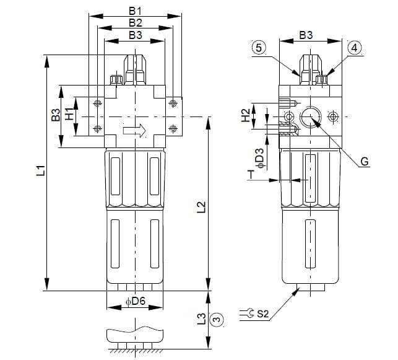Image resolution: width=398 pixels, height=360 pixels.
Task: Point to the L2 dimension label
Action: (x=200, y=206)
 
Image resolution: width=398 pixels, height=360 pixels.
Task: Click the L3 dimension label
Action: (x=200, y=319)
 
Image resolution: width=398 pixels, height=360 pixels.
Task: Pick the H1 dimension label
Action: (x=69, y=114)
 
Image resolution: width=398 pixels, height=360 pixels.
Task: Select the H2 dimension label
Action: (x=245, y=115)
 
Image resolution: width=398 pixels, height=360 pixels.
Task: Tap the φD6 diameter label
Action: (x=135, y=302)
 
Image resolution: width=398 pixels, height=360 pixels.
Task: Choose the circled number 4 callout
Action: (x=355, y=48)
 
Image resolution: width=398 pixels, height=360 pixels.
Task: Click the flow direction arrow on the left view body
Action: (x=134, y=131)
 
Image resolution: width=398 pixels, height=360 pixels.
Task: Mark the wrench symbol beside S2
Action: (x=247, y=314)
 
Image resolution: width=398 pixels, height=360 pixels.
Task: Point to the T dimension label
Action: (x=251, y=175)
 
